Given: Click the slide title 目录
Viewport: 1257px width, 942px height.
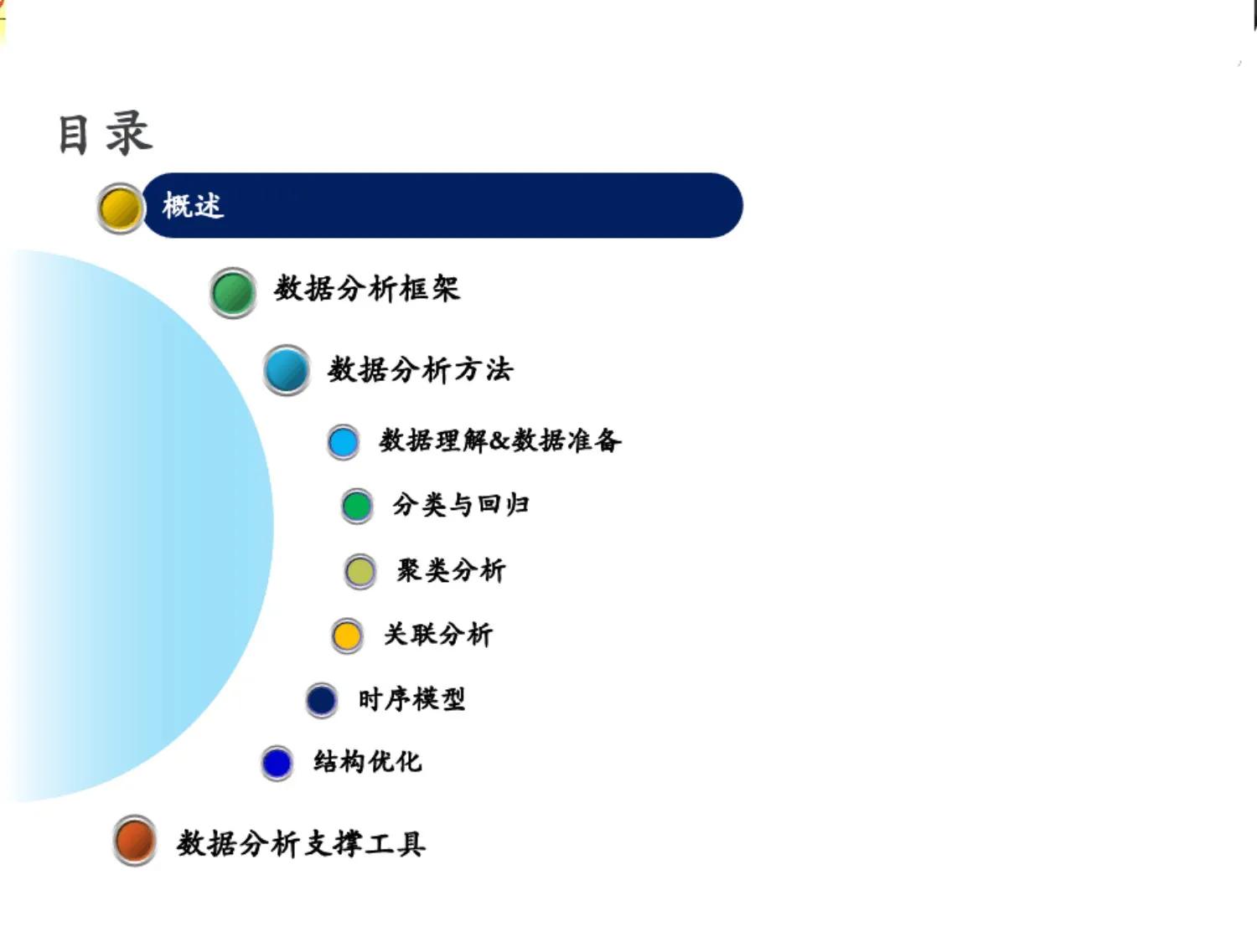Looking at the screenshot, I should point(105,134).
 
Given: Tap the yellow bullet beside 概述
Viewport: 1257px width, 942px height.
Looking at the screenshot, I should point(120,208).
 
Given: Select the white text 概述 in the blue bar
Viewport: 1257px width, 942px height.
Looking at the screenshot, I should point(193,205).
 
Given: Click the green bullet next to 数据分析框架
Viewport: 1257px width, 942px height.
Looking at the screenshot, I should point(233,293).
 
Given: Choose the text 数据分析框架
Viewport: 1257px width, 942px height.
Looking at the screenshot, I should point(367,289).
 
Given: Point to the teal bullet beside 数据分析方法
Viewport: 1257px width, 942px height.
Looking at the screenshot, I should point(287,370).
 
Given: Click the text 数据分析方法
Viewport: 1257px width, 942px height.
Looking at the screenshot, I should point(420,369).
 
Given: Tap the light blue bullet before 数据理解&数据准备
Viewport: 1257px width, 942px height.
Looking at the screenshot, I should point(343,442).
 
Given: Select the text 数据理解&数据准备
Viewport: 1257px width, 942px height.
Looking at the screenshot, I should point(500,440).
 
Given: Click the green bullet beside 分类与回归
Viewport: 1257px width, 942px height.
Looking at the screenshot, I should point(357,506).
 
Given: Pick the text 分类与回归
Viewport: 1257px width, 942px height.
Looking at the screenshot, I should point(461,505).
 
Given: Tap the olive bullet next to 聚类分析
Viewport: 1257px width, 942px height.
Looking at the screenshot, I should point(360,572).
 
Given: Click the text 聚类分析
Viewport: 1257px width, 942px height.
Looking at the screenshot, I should point(451,571).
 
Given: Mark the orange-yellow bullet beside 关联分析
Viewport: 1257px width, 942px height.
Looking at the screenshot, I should point(347,636).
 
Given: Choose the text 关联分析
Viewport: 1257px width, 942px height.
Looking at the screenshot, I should point(438,635).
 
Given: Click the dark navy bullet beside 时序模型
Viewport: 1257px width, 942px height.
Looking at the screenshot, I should point(322,700).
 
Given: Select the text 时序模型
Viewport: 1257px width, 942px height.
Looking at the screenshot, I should point(411,699).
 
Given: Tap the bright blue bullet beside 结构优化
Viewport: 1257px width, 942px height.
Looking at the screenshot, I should point(277,763).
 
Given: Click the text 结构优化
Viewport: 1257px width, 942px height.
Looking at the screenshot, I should point(367,762).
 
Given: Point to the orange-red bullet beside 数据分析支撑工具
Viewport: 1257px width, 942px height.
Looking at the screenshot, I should point(134,840).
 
